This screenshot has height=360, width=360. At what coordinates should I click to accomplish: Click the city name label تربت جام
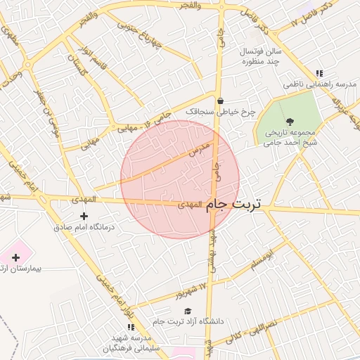(233, 204)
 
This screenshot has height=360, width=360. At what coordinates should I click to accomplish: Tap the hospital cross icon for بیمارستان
(16, 257)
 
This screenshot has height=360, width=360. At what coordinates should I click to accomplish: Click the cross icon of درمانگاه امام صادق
(84, 215)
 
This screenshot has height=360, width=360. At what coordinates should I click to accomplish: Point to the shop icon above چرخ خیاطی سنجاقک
(220, 101)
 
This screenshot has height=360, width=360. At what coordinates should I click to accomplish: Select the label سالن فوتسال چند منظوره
(261, 57)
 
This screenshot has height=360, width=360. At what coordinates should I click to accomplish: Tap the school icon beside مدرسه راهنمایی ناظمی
(319, 72)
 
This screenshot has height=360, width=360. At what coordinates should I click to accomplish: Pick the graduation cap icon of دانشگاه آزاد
(187, 311)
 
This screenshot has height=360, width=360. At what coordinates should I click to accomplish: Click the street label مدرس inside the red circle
(200, 149)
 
